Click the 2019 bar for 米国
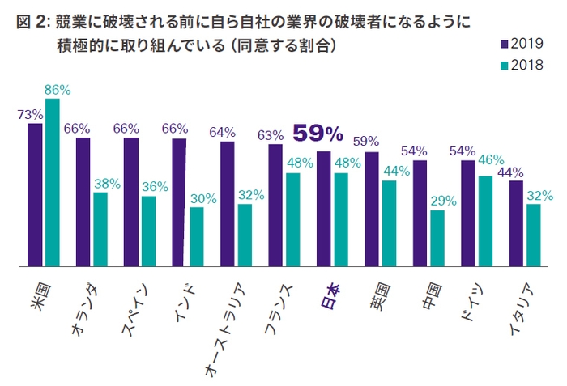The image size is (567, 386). click(35, 194)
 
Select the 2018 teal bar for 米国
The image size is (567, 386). click(52, 182)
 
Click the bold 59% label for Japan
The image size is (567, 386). click(318, 133)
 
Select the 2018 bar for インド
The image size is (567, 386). click(197, 236)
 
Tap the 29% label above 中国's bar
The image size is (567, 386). click(443, 199)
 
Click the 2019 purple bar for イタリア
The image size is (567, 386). click(515, 223)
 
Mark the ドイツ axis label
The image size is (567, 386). click(475, 297)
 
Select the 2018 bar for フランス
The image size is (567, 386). click(293, 219)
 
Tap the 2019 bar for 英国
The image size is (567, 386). click(372, 209)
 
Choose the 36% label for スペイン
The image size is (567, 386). click(155, 186)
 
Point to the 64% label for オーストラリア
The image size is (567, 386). click(222, 132)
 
